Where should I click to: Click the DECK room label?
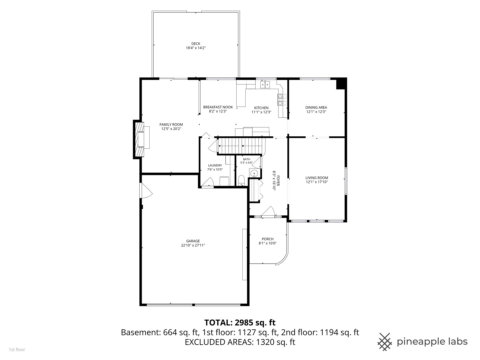(196, 44)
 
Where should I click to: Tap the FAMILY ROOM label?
(171, 125)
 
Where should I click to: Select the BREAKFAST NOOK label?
(218, 107)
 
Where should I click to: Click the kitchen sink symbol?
(265, 84)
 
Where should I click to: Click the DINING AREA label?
(316, 107)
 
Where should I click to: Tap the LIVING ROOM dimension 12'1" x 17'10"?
(317, 182)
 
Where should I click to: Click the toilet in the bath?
(241, 181)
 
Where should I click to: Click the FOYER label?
(278, 181)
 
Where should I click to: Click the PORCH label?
(268, 239)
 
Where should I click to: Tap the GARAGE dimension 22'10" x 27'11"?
(193, 245)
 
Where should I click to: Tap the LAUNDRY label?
(215, 165)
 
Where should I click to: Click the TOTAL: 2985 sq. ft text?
(240, 322)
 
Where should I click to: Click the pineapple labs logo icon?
(385, 342)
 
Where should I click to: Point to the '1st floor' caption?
(17, 350)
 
